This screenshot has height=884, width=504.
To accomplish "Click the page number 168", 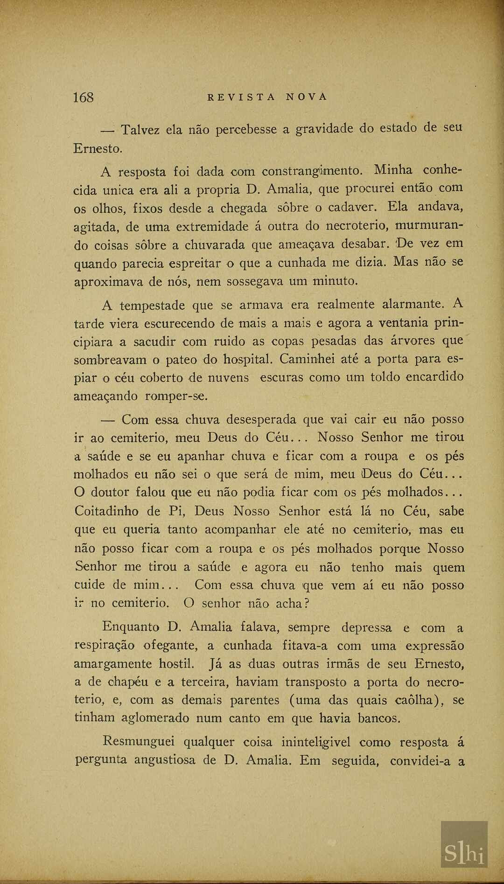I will coord(83,97).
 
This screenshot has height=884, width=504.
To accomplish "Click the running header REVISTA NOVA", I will coord(267,97).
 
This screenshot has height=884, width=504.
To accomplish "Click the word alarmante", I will coord(413,305).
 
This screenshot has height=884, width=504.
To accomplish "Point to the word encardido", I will coord(434,377).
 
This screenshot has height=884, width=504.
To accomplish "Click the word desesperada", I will coord(258,419).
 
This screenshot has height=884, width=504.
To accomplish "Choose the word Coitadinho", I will coord(106,511).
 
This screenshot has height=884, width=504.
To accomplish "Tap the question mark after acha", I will coord(307,603).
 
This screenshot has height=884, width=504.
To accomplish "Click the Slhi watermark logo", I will coord(464,853).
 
